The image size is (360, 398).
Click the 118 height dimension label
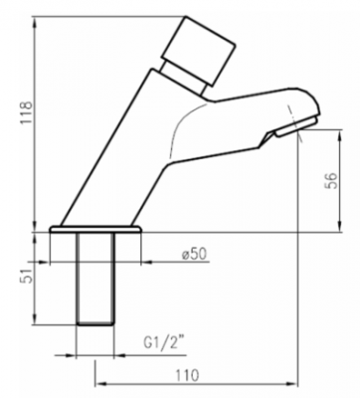[26, 112]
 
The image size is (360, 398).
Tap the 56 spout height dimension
[332, 180]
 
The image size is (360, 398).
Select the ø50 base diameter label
[194, 254]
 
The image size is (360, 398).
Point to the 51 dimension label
[28, 275]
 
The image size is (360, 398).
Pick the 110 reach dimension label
[187, 375]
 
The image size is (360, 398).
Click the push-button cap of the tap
[198, 50]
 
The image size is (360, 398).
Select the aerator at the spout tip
[297, 126]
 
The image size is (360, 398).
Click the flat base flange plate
[95, 229]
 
